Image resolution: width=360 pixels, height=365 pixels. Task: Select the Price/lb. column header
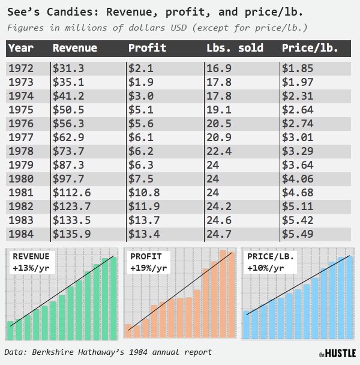tap(310, 48)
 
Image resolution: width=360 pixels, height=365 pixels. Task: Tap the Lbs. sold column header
tap(235, 48)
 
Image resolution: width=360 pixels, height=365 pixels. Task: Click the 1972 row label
tap(21, 68)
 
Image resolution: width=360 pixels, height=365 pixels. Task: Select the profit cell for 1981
tap(145, 192)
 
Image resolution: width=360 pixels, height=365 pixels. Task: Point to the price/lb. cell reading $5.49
tap(298, 234)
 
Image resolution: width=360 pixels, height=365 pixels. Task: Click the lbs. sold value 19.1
tap(218, 110)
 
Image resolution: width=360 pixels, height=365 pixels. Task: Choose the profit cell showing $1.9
tap(141, 82)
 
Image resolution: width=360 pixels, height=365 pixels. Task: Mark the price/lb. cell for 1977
tap(298, 137)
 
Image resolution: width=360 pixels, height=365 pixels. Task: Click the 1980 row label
tap(21, 178)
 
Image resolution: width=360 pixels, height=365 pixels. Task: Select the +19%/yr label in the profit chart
tap(148, 268)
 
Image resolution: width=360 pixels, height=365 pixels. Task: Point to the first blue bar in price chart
tap(246, 324)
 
